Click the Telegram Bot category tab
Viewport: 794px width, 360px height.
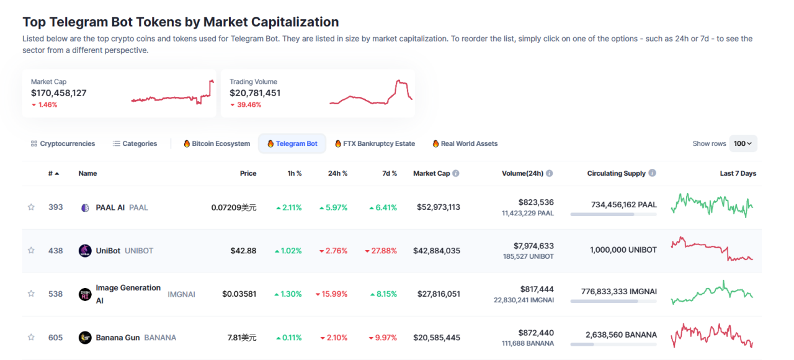[x=292, y=143]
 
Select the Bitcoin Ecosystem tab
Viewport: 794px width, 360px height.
[x=216, y=143]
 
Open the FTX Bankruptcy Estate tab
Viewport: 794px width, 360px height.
[x=375, y=143]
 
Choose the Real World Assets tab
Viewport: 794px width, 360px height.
[x=465, y=143]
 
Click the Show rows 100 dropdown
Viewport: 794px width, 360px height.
[x=743, y=143]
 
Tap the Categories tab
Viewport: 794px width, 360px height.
[x=135, y=143]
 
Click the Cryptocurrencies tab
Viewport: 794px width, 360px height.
[x=63, y=143]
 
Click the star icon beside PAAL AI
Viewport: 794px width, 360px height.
[x=31, y=207]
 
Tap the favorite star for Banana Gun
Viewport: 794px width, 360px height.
[x=31, y=338]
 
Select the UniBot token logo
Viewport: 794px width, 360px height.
[x=85, y=251]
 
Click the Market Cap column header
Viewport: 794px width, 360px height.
[x=431, y=173]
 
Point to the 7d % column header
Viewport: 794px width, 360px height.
[x=389, y=173]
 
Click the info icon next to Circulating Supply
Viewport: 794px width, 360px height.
[x=652, y=173]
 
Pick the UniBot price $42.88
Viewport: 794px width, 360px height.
[x=243, y=251]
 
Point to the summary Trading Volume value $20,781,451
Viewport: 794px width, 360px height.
[x=255, y=93]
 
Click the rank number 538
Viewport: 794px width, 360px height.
[x=56, y=294]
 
